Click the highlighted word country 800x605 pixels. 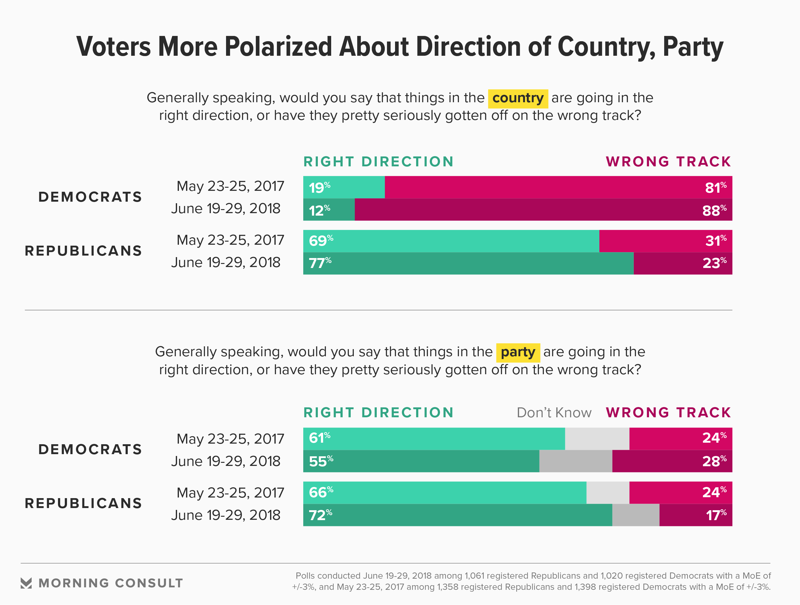click(518, 98)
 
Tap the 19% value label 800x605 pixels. click(319, 187)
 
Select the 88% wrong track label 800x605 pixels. click(714, 210)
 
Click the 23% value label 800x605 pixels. click(714, 263)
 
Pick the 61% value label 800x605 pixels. click(319, 438)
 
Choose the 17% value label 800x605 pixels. click(716, 515)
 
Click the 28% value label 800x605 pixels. click(714, 461)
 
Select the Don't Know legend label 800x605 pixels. click(554, 413)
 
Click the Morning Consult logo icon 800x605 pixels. click(26, 583)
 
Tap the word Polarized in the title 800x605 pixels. click(278, 47)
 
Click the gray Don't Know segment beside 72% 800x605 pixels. click(635, 515)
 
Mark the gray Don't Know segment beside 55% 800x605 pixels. click(576, 461)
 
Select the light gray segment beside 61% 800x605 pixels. click(597, 439)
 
